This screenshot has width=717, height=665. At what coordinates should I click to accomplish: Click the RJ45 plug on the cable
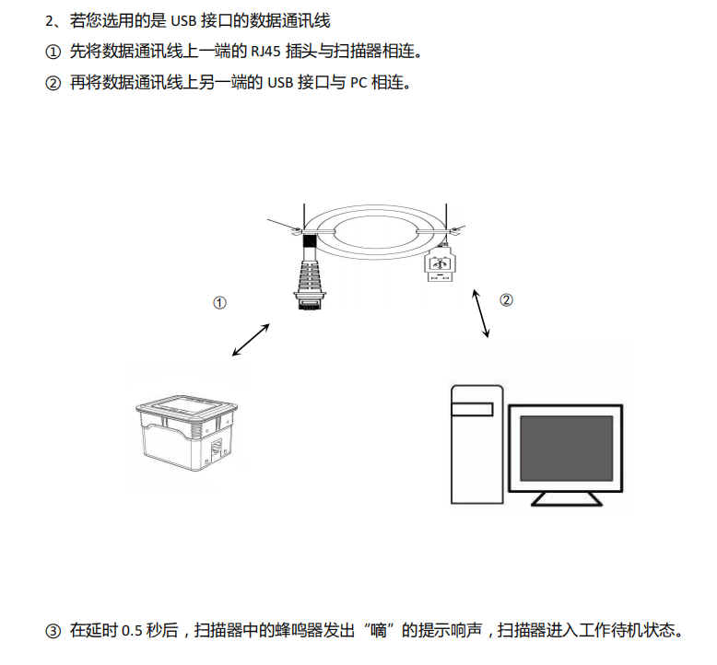pyautogui.click(x=310, y=276)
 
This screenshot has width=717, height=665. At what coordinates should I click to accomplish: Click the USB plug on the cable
pyautogui.click(x=440, y=266)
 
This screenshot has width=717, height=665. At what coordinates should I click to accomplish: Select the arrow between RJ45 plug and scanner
pyautogui.click(x=251, y=339)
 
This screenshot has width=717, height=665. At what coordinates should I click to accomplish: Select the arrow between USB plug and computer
pyautogui.click(x=480, y=314)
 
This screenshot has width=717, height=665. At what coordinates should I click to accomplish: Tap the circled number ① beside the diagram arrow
pyautogui.click(x=219, y=302)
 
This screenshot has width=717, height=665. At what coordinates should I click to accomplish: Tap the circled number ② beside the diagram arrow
pyautogui.click(x=506, y=299)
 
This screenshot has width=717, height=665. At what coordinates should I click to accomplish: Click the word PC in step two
pyautogui.click(x=358, y=83)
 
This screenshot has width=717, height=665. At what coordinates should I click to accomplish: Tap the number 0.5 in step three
pyautogui.click(x=133, y=631)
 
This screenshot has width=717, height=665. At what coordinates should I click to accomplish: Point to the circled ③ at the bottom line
pyautogui.click(x=53, y=631)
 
